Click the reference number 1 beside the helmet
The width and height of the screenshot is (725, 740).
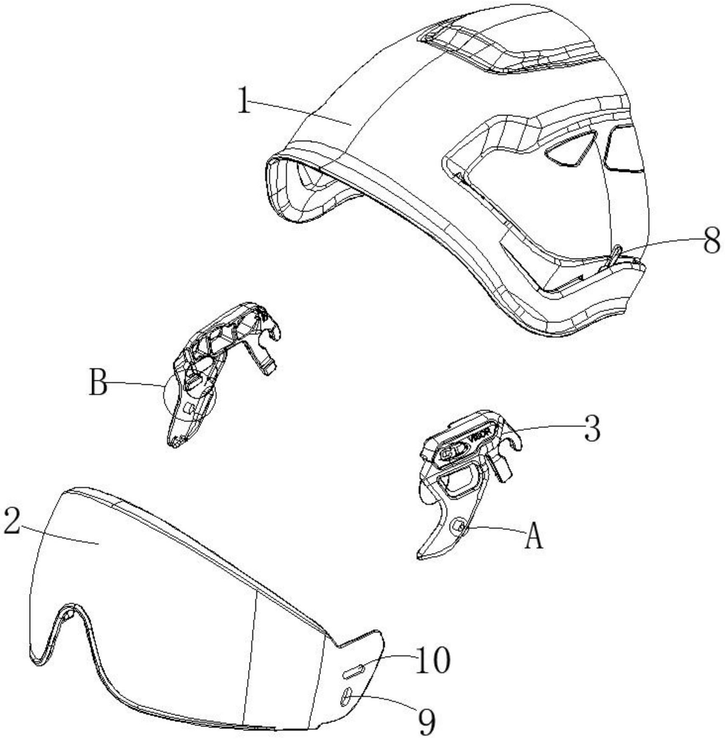[243, 100]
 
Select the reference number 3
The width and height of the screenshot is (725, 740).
[592, 428]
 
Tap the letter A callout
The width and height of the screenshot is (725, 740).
[533, 535]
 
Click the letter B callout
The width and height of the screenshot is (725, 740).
[98, 382]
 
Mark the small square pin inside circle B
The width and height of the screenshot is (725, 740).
[189, 408]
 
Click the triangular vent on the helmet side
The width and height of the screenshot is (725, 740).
[571, 148]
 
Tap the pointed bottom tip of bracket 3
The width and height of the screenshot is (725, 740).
[420, 557]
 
